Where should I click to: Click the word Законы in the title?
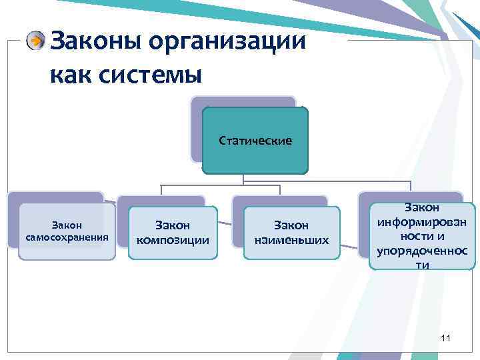96,41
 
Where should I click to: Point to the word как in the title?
70,73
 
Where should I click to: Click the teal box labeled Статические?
255,141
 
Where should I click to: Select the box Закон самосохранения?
67,231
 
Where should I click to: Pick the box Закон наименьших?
292,233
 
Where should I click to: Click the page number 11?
445,339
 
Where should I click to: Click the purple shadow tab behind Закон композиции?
160,201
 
